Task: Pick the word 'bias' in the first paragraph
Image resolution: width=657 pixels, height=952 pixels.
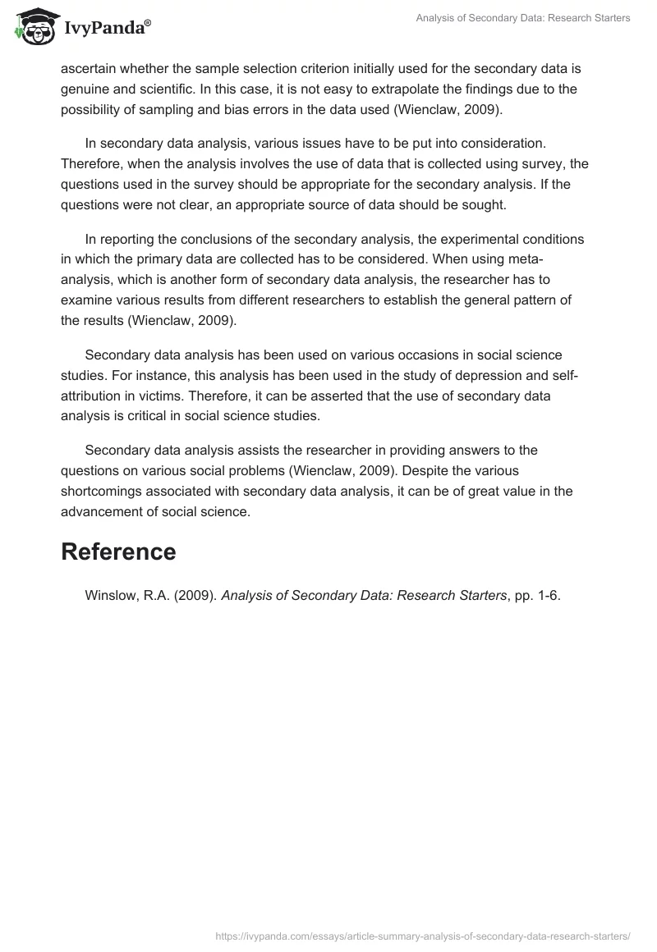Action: pos(243,109)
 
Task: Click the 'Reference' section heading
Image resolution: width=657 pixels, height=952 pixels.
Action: pos(118,552)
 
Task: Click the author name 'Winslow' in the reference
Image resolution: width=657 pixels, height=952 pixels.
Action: pos(112,596)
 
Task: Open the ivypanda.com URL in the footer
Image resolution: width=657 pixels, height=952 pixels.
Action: pos(422,935)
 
